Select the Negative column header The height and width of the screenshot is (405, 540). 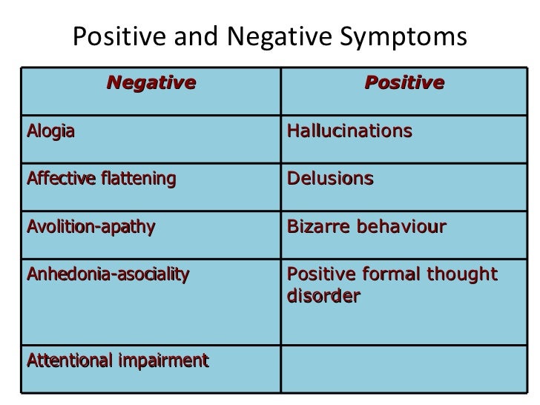152,82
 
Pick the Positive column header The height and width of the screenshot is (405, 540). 404,82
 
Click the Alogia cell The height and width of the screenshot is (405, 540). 51,132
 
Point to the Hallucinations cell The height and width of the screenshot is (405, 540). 349,132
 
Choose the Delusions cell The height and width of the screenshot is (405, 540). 330,179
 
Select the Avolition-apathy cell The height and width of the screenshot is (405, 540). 91,226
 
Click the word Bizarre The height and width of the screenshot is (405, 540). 317,226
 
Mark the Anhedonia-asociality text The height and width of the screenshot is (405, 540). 108,275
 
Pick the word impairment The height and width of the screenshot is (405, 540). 162,361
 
